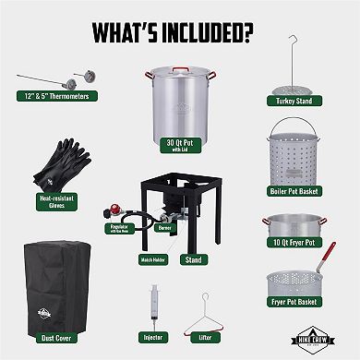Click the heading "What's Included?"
(x=179, y=30)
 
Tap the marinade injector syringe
(x=152, y=305)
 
